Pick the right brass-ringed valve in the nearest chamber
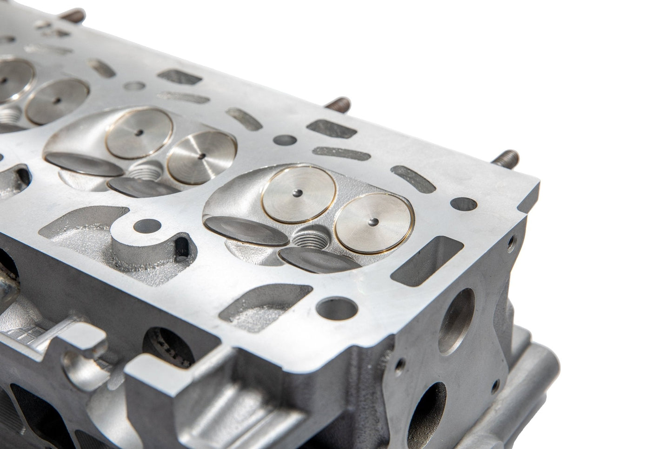(x=374, y=221)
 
